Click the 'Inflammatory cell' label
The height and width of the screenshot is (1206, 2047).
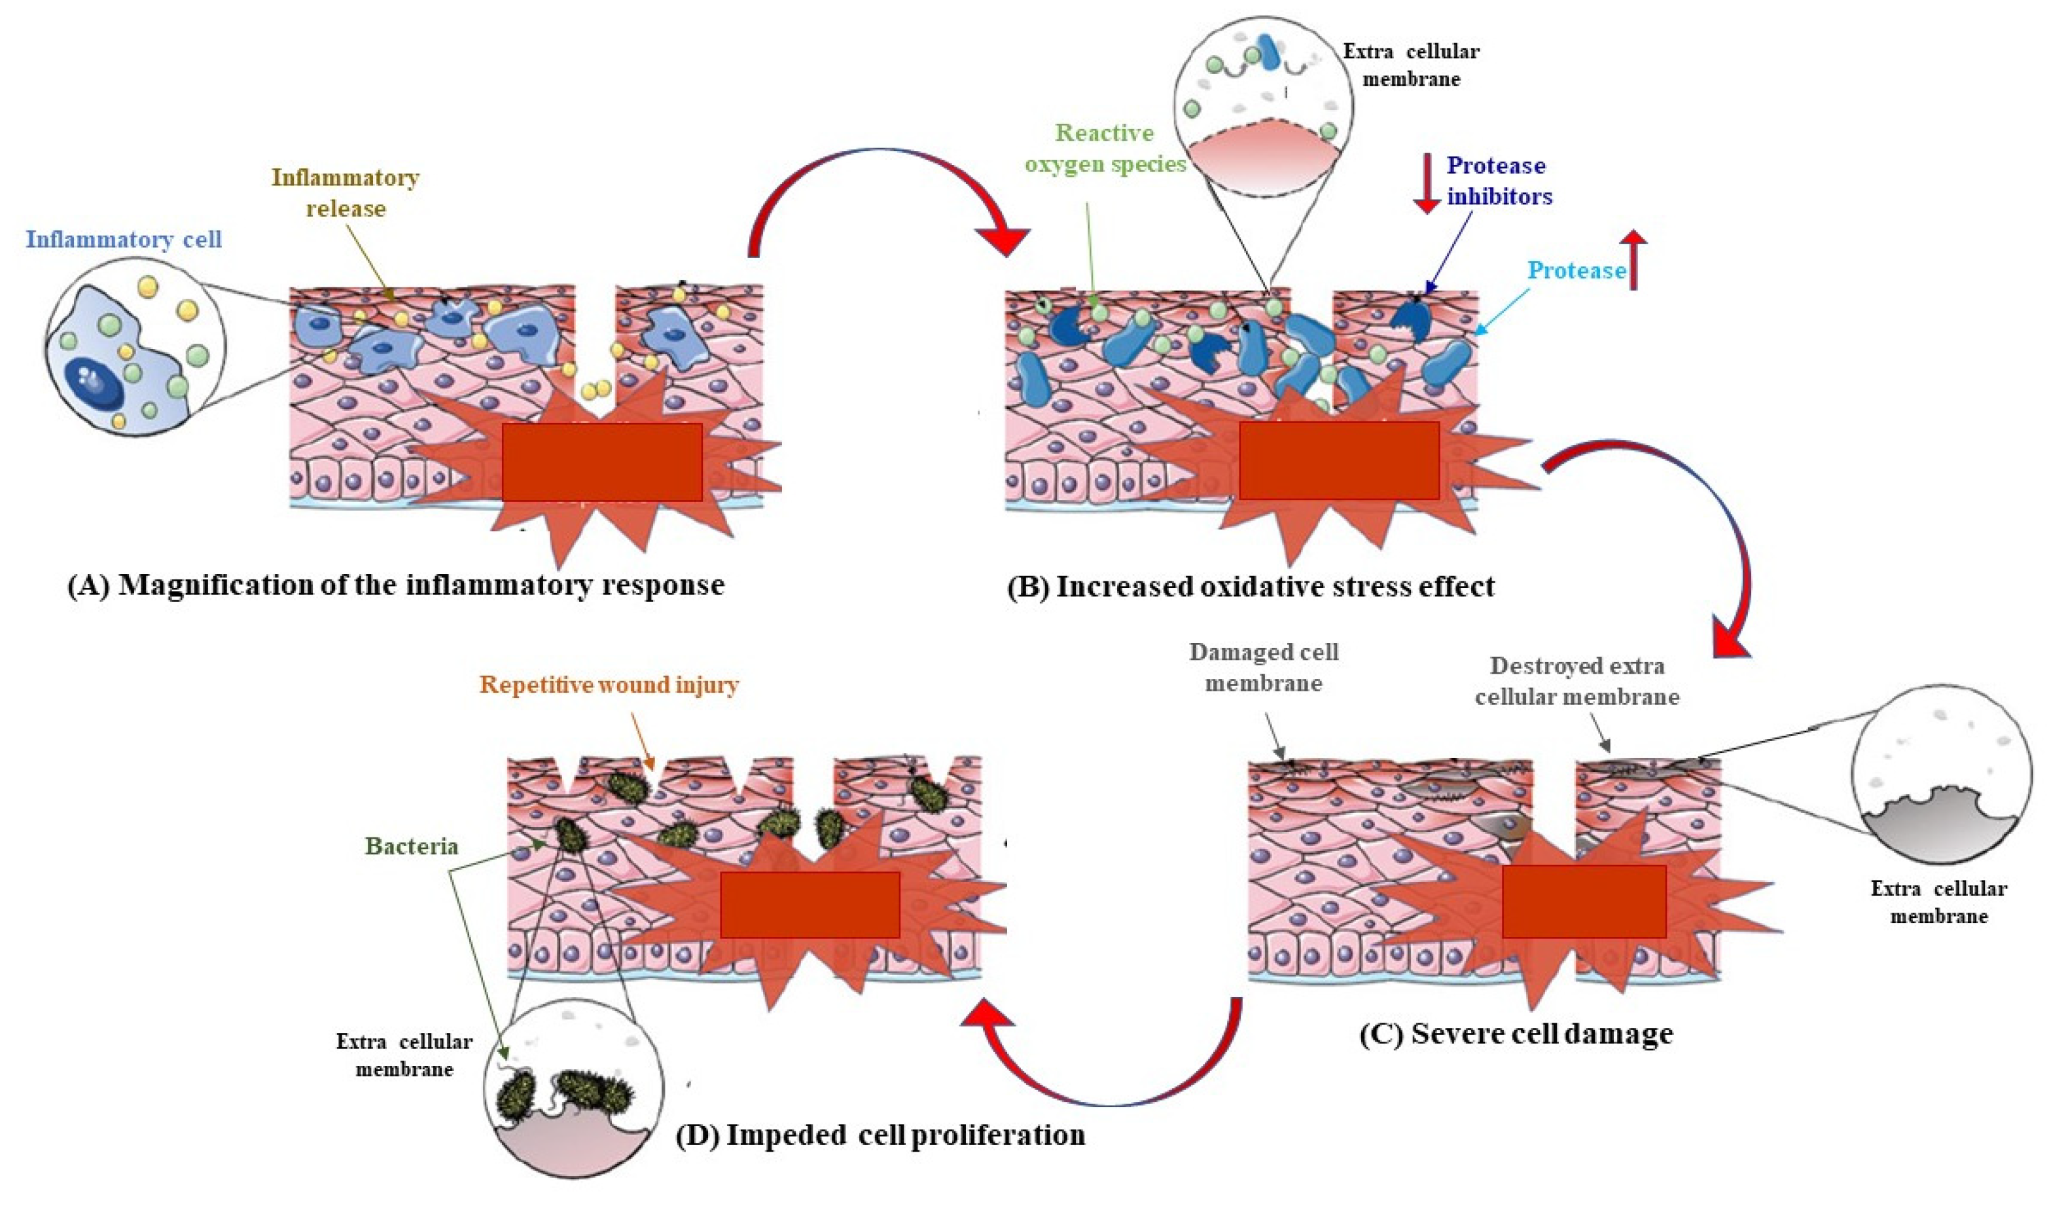pyautogui.click(x=124, y=240)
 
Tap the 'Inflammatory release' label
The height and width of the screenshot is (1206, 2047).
pyautogui.click(x=346, y=192)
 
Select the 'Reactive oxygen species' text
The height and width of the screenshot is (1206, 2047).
pyautogui.click(x=1105, y=149)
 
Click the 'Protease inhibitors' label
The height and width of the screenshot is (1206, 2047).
pyautogui.click(x=1499, y=181)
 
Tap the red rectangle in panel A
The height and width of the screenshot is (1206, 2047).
pyautogui.click(x=602, y=462)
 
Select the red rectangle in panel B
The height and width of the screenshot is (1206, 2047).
pyautogui.click(x=1339, y=460)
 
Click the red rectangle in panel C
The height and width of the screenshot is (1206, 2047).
pyautogui.click(x=1584, y=900)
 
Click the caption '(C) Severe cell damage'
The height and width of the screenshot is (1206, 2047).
pyautogui.click(x=1516, y=1034)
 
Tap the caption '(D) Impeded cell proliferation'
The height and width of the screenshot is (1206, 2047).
pyautogui.click(x=881, y=1135)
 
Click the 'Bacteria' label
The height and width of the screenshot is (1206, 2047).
pyautogui.click(x=412, y=847)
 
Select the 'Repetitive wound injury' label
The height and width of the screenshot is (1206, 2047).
pyautogui.click(x=609, y=685)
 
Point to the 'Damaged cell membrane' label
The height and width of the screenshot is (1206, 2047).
pyautogui.click(x=1264, y=667)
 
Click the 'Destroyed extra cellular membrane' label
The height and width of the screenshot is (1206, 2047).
pyautogui.click(x=1576, y=681)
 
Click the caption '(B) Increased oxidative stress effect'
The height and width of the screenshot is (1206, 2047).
pyautogui.click(x=1251, y=587)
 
